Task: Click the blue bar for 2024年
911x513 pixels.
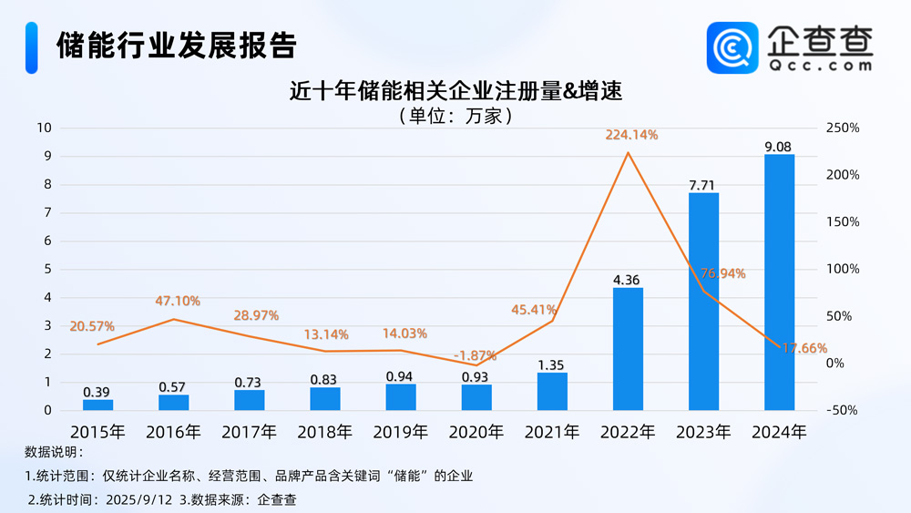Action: point(779,282)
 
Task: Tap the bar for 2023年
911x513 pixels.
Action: point(703,302)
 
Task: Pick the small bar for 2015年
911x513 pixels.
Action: point(98,405)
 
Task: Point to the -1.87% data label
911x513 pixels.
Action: point(475,355)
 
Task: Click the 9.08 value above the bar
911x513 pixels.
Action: point(779,146)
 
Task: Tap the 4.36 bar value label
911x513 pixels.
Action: point(628,280)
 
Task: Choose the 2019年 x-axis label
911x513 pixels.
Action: point(401,431)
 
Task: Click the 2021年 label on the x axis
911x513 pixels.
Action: point(552,431)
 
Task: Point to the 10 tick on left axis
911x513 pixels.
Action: point(43,128)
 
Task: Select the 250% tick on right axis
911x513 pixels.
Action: point(843,128)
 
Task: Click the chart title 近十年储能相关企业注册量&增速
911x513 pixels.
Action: point(455,91)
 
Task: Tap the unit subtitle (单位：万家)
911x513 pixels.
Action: point(455,116)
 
